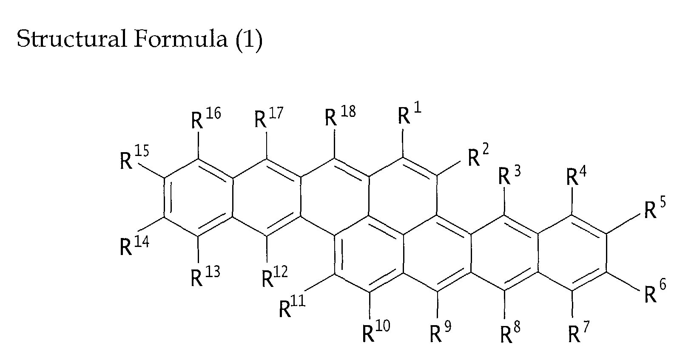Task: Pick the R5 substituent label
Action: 654,209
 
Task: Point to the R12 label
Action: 274,278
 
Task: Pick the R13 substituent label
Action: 205,278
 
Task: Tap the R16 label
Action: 205,119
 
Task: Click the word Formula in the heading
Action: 180,39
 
